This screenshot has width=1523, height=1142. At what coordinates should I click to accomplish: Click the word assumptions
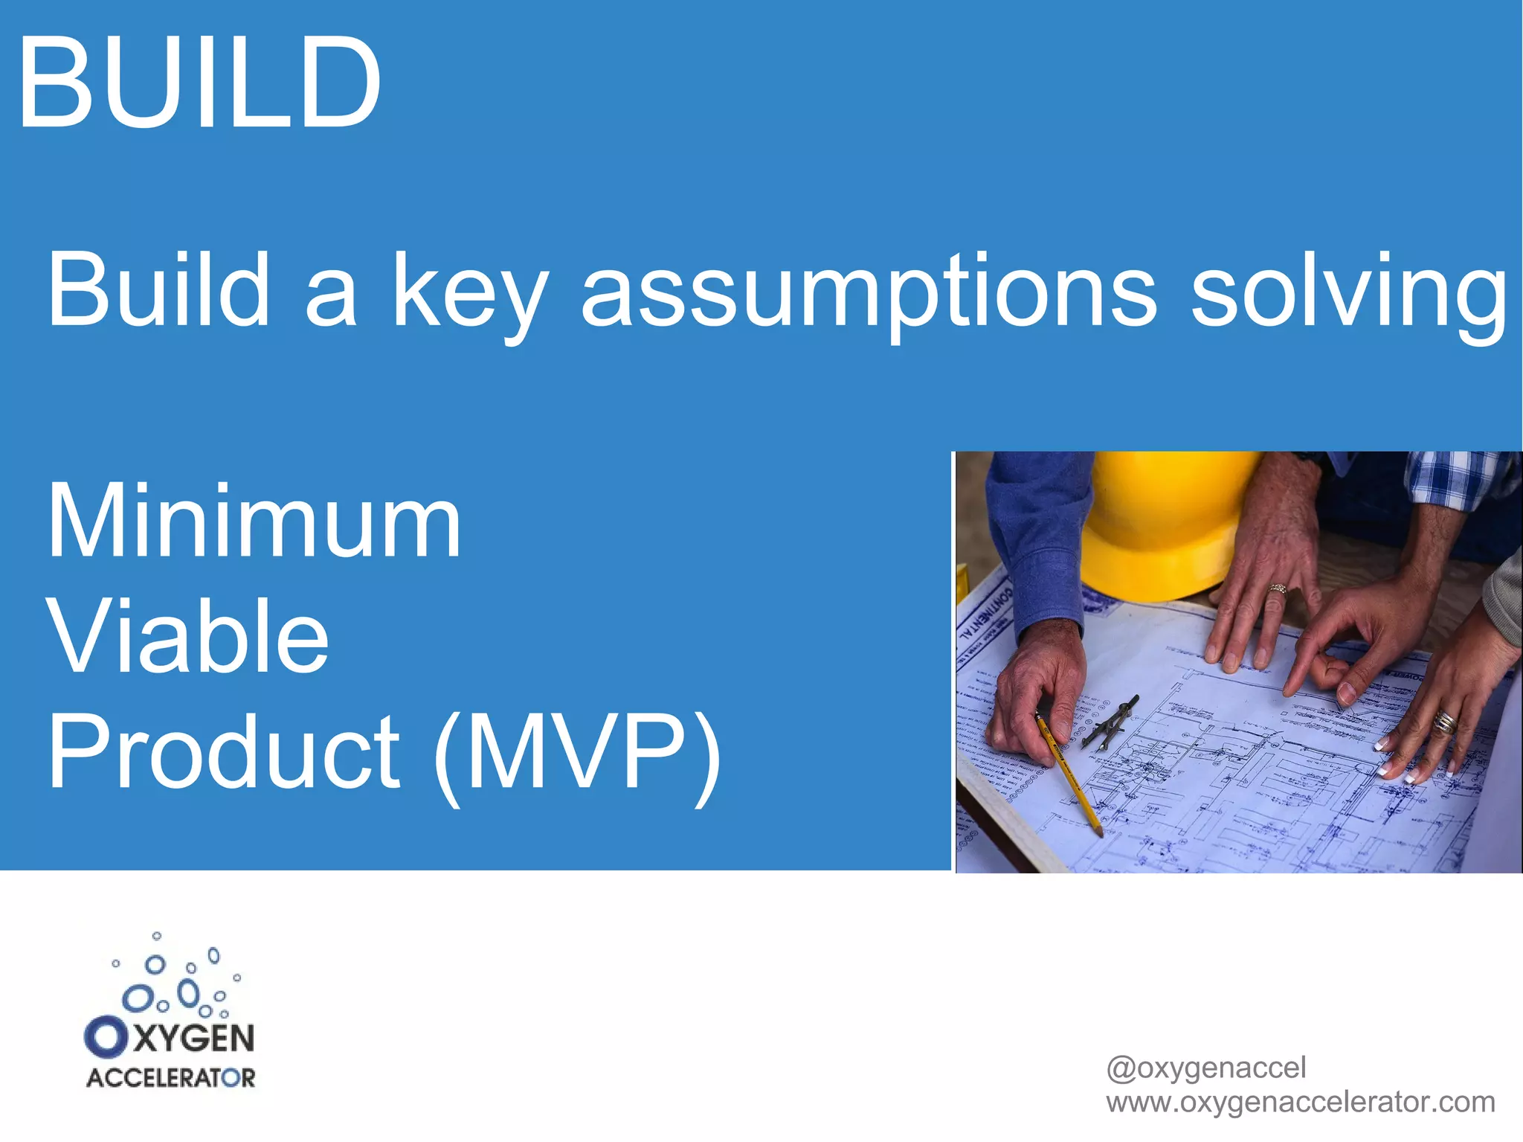click(x=868, y=292)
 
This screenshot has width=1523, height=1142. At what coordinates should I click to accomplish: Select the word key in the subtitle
click(x=469, y=292)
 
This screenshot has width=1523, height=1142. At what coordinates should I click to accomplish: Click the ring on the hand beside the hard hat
click(x=1277, y=589)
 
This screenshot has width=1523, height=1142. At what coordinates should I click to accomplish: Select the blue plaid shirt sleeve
click(x=1458, y=480)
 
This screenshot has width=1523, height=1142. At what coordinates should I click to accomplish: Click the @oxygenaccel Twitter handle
click(x=1205, y=1068)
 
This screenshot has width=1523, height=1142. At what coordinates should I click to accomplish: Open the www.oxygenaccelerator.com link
click(x=1300, y=1102)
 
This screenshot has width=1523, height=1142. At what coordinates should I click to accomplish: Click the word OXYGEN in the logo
click(x=171, y=1038)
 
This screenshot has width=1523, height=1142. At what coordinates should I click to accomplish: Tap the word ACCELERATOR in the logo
click(x=171, y=1078)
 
